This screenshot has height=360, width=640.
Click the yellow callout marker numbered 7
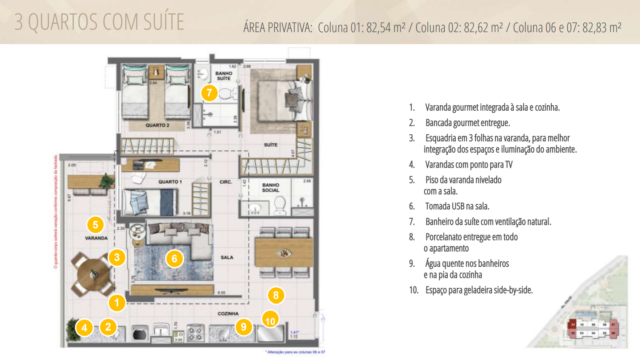click(209, 92)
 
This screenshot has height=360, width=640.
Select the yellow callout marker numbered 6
click(174, 258)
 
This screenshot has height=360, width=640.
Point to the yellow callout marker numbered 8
click(278, 295)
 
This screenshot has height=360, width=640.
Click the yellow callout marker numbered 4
click(85, 326)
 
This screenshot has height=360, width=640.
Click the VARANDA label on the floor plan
click(95, 240)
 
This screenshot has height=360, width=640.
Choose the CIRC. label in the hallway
click(226, 182)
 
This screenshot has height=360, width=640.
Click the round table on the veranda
click(97, 271)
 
